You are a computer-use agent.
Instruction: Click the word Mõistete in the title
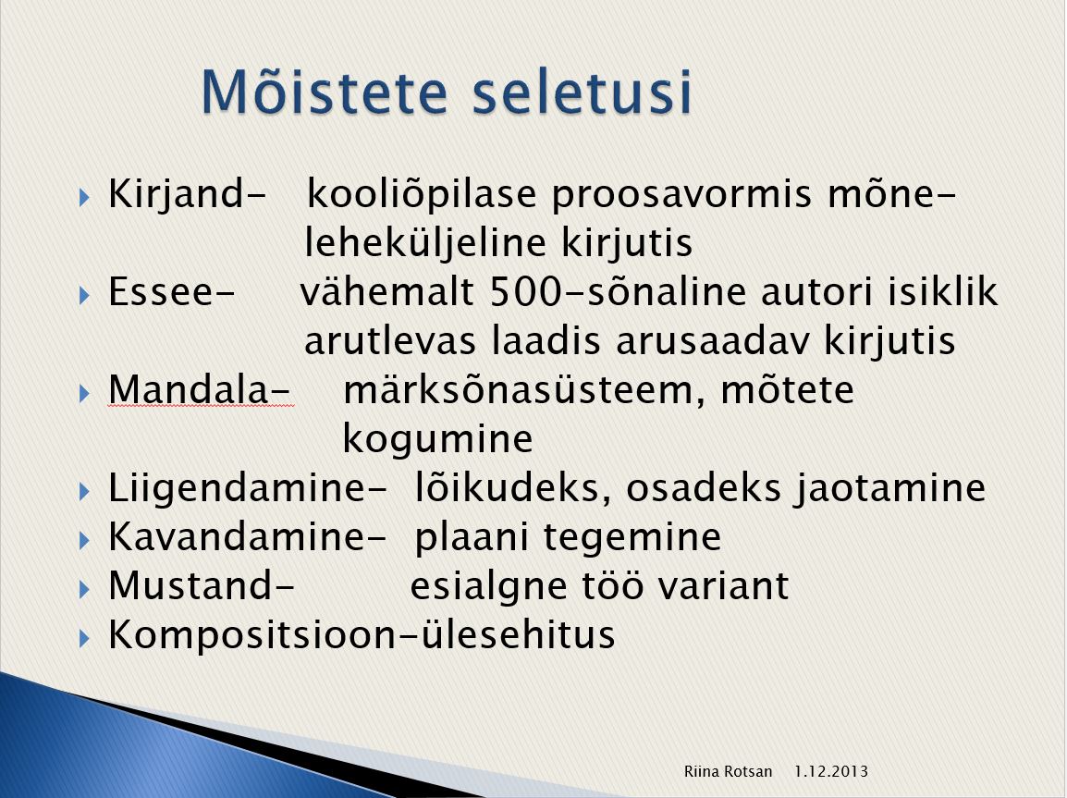325,92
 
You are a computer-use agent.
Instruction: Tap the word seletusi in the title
583,92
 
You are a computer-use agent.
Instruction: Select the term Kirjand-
187,195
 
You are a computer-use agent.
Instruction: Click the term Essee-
171,292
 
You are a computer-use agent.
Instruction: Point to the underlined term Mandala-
200,390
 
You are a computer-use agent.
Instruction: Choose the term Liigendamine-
248,488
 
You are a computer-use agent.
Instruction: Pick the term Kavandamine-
248,536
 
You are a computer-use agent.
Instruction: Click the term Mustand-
202,585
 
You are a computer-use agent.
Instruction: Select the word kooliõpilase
422,195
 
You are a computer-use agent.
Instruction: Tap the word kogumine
437,439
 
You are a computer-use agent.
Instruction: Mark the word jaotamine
890,488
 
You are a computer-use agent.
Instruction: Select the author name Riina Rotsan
728,771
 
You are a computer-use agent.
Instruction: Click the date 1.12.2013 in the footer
831,771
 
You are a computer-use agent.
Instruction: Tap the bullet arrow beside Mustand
84,588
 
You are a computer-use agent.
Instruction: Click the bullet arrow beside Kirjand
84,198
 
